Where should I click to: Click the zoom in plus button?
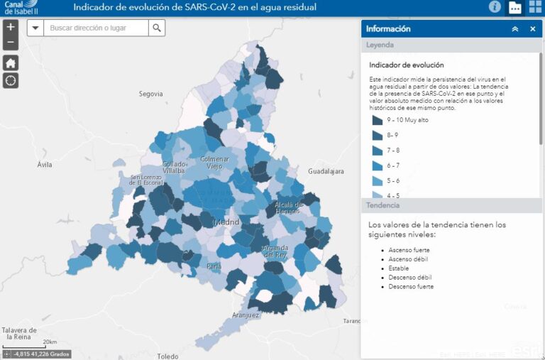point(11,28)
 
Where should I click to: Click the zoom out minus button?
point(11,43)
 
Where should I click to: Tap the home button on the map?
point(11,62)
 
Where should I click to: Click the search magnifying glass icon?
point(157,28)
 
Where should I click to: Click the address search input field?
point(96,28)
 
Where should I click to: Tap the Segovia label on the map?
point(151,94)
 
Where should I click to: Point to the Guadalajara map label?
point(326,172)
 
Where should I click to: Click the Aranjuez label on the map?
point(246,315)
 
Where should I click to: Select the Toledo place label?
point(168,356)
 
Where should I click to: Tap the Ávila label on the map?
point(45,165)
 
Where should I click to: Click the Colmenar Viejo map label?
point(214,162)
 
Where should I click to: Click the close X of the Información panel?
point(532,29)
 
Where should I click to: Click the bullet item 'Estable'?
point(399,268)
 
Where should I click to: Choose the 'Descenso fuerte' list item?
point(410,287)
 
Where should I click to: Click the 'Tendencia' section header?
point(383,205)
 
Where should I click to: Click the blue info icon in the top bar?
point(495,7)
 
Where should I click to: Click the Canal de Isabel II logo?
point(22,8)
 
